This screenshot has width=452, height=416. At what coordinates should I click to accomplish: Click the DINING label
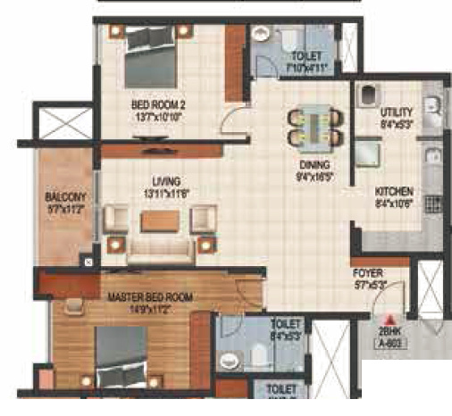pyautogui.click(x=315, y=165)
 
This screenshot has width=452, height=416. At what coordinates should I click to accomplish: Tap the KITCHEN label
pyautogui.click(x=393, y=192)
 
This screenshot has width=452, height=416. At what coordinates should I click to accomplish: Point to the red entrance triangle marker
pyautogui.click(x=389, y=317)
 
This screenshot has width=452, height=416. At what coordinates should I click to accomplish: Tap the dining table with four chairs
pyautogui.click(x=314, y=124)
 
